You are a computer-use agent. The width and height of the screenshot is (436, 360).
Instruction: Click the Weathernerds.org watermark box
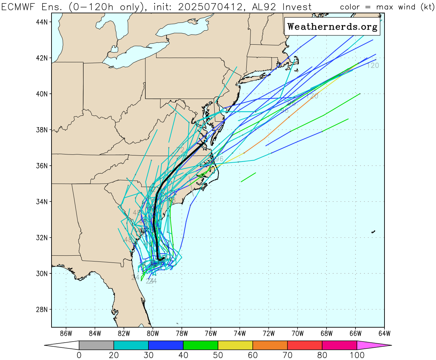pyautogui.click(x=332, y=27)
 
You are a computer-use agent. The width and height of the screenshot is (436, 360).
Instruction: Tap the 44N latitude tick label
pyautogui.click(x=42, y=22)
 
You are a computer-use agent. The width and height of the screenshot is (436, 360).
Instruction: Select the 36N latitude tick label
pyautogui.click(x=42, y=166)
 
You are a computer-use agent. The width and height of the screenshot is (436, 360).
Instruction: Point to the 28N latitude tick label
pyautogui.click(x=42, y=310)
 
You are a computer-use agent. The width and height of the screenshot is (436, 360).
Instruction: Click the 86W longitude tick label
pyautogui.click(x=66, y=333)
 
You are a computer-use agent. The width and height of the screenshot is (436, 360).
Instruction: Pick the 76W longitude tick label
pyautogui.click(x=211, y=333)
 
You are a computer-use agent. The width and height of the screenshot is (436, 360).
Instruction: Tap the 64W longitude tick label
pyautogui.click(x=384, y=333)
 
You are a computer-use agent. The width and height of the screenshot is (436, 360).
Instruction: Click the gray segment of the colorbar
pyautogui.click(x=96, y=345)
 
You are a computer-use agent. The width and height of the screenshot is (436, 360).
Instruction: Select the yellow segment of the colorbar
pyautogui.click(x=235, y=345)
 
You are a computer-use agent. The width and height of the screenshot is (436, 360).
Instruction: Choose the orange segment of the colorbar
pyautogui.click(x=270, y=345)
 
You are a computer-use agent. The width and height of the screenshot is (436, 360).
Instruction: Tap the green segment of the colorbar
pyautogui.click(x=201, y=345)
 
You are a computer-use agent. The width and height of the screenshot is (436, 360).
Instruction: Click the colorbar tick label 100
pyautogui.click(x=357, y=355)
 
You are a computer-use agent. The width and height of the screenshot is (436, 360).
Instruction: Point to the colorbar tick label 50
pyautogui.click(x=218, y=355)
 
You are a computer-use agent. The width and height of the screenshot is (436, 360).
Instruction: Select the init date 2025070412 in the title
pyautogui.click(x=211, y=7)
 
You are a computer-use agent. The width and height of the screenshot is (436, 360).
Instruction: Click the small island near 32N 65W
pyautogui.click(x=373, y=232)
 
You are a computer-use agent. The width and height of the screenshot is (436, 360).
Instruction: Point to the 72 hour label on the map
pyautogui.click(x=180, y=150)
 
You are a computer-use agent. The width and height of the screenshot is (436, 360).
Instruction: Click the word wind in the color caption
pyautogui.click(x=407, y=7)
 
